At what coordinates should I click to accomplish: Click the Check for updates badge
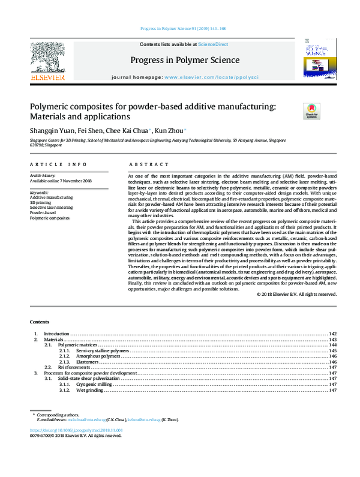(312, 110)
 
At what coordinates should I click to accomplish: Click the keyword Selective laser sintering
(51, 207)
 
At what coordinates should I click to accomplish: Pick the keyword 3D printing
(41, 202)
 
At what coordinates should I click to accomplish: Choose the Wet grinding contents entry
(89, 391)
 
